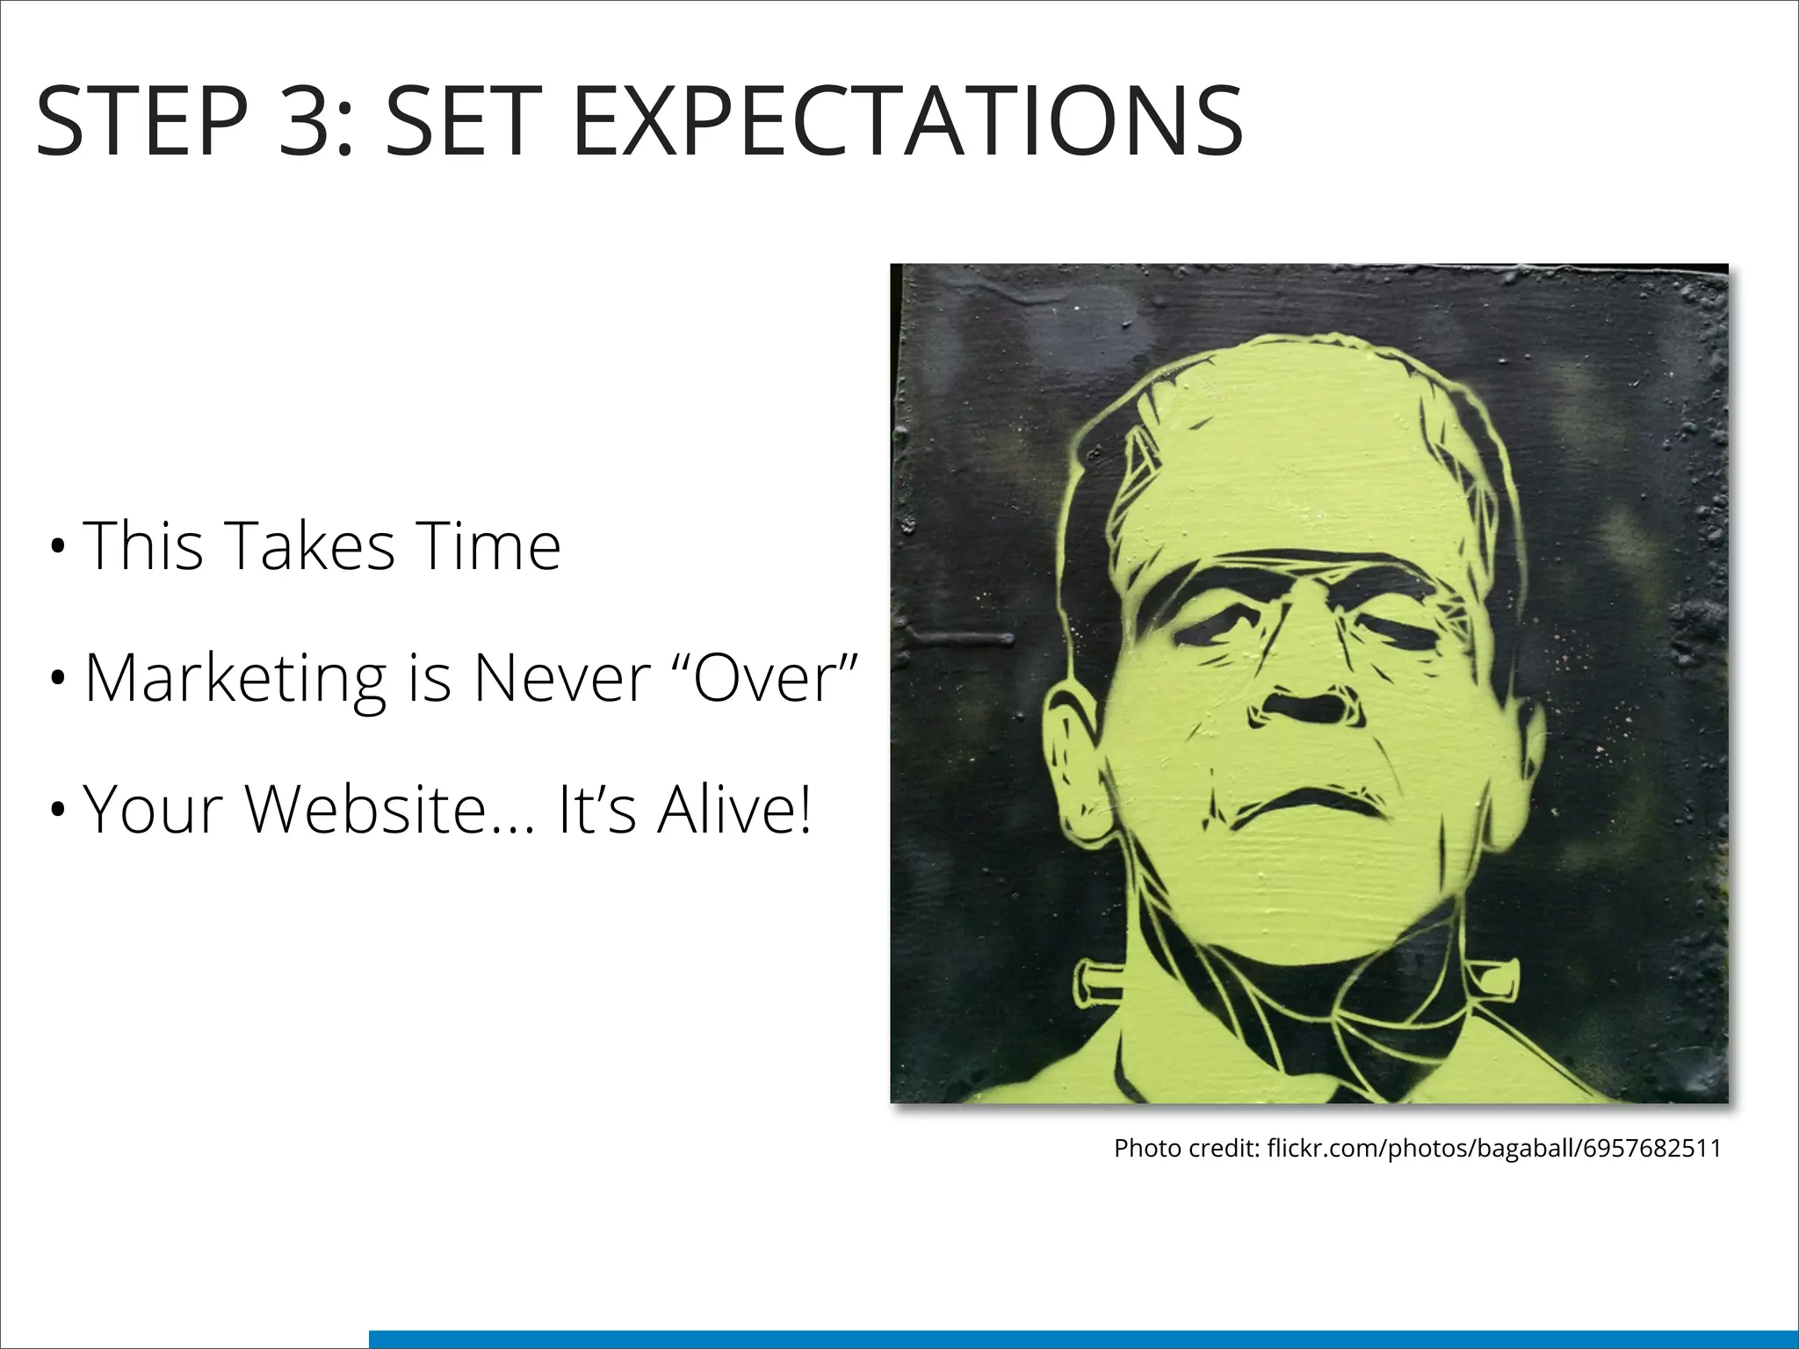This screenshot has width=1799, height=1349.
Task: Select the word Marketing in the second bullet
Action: coord(235,679)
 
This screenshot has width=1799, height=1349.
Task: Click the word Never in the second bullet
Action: coord(562,679)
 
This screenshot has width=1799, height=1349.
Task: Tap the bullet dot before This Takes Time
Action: coord(58,547)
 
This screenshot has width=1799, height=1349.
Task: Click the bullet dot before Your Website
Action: coord(58,811)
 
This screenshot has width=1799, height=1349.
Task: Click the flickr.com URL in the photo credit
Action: coord(1494,1148)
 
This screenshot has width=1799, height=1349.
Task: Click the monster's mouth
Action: coord(1309,804)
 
